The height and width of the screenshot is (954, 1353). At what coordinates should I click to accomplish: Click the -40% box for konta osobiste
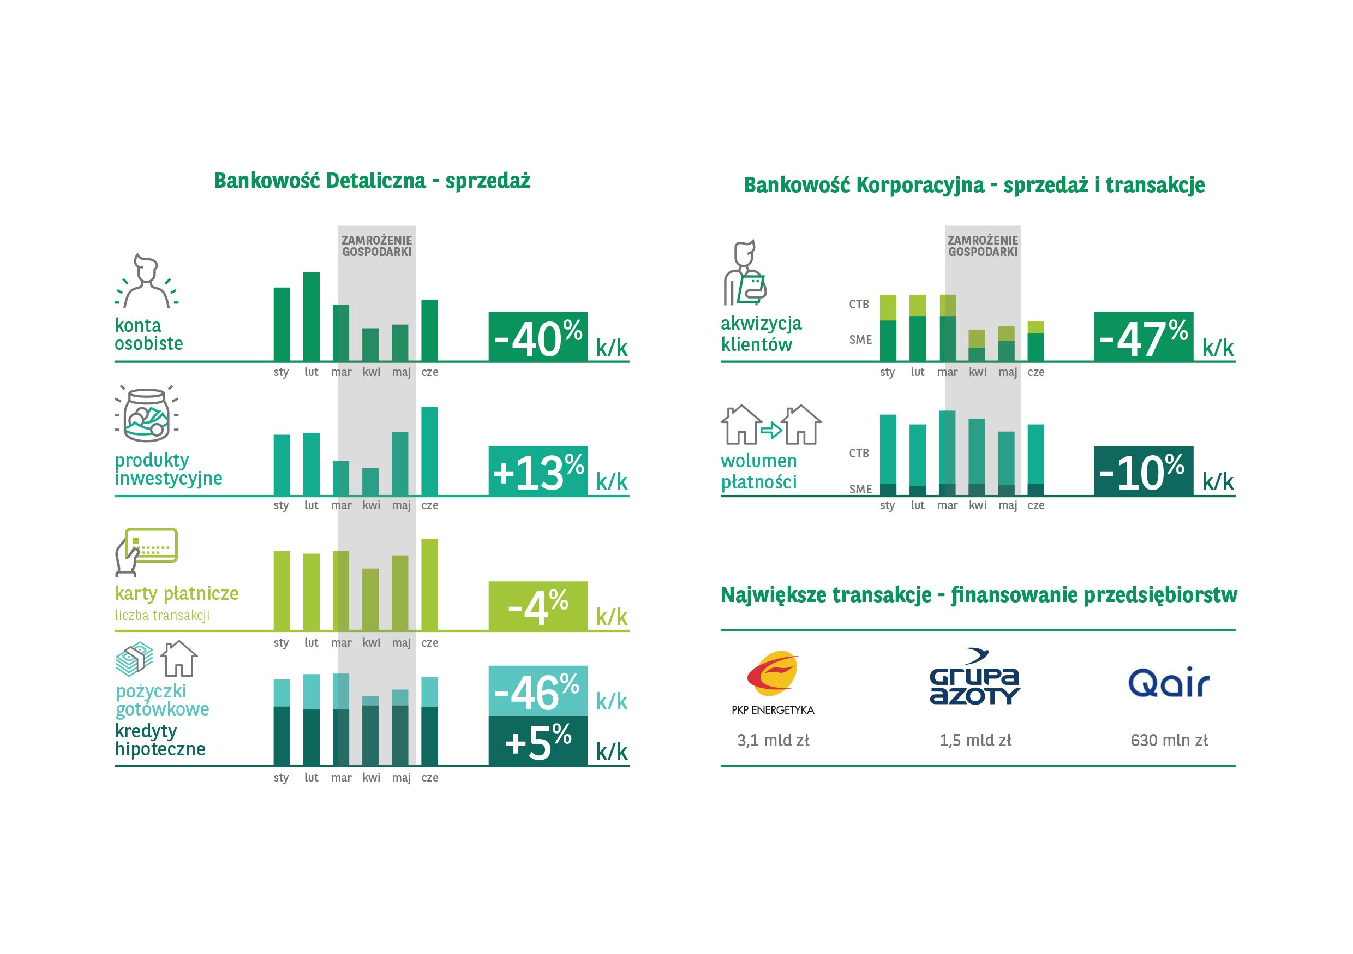click(x=537, y=336)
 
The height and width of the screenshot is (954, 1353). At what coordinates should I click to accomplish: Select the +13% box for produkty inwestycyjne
click(x=537, y=470)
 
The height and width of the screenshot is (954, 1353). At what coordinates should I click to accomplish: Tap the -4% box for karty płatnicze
click(x=537, y=606)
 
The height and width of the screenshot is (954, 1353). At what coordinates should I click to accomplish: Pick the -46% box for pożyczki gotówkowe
click(x=537, y=690)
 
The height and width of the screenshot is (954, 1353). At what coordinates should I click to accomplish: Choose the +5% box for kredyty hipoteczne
click(x=537, y=741)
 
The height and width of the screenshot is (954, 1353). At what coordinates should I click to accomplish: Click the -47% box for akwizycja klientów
click(x=1143, y=336)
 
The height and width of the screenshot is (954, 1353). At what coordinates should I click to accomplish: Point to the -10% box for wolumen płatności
click(x=1143, y=470)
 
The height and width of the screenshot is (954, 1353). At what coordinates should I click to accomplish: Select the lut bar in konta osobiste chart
click(x=311, y=316)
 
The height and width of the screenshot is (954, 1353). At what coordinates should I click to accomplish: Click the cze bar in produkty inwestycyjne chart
click(x=429, y=451)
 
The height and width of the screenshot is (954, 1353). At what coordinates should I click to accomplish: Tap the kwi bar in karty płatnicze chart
click(x=370, y=599)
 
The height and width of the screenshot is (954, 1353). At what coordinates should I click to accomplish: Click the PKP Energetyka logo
click(x=773, y=682)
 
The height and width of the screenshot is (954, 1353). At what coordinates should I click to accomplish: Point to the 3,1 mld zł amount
click(x=773, y=740)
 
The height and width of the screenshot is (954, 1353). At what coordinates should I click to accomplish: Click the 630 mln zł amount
click(x=1169, y=740)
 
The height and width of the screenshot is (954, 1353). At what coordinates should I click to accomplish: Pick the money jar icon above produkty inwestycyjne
click(x=147, y=414)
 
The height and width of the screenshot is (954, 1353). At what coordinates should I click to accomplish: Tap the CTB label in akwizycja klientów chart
click(x=859, y=304)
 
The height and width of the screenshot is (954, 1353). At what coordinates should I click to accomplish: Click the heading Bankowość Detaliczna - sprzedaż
click(x=372, y=181)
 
